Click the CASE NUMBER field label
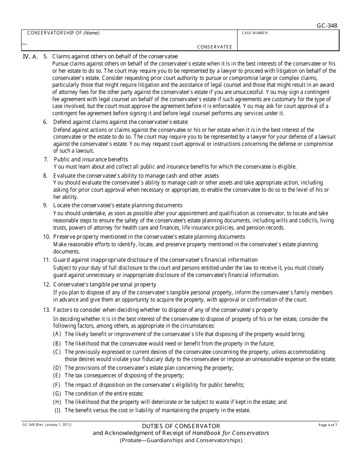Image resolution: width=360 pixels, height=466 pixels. [255, 33]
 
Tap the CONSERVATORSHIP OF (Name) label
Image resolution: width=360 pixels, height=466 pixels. [63, 33]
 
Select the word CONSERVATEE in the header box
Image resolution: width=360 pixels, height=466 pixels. [214, 47]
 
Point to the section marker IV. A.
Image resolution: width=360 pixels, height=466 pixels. [31, 57]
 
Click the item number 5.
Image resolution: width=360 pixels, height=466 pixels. [45, 56]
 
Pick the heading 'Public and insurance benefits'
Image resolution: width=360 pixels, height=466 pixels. [91, 160]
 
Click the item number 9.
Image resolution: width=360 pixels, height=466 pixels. [45, 205]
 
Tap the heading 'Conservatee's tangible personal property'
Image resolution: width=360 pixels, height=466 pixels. [105, 285]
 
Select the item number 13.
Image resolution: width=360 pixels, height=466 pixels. [47, 310]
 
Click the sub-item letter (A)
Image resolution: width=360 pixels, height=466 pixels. [57, 334]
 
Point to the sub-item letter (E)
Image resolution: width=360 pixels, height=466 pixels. [57, 375]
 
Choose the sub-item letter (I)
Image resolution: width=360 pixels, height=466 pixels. [58, 410]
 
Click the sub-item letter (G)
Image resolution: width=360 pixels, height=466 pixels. [57, 394]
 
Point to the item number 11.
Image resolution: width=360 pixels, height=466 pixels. [47, 260]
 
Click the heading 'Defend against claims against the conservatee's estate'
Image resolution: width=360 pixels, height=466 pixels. [120, 122]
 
